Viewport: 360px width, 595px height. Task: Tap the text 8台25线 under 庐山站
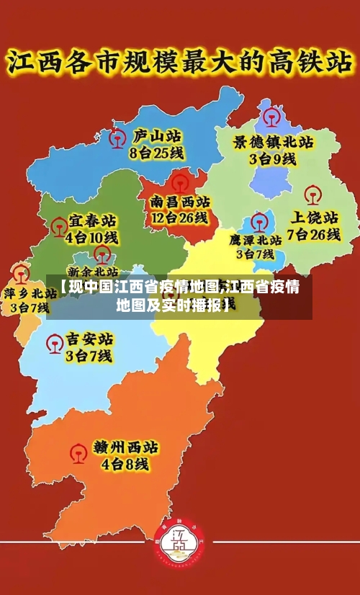156,153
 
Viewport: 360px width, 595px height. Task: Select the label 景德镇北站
272,142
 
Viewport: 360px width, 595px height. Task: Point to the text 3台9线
272,159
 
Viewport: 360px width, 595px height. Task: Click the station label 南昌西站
180,201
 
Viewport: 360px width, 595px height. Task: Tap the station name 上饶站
314,217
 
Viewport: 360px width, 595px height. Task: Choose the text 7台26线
313,234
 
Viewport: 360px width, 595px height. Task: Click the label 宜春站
92,220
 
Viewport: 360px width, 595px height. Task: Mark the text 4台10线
91,236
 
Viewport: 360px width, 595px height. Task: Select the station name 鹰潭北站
256,239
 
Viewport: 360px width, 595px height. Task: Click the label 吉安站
89,339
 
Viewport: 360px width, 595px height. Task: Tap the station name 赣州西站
126,447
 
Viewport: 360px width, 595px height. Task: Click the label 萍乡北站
30,293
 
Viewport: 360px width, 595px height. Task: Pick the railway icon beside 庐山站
116,138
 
